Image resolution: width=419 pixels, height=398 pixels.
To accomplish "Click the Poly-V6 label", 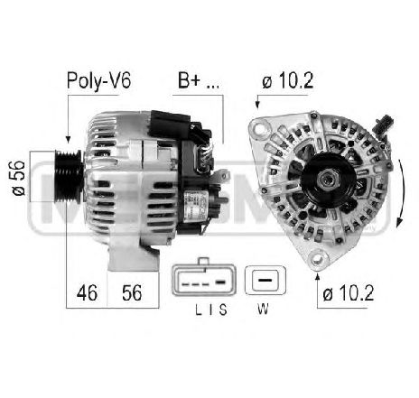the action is [x=98, y=80].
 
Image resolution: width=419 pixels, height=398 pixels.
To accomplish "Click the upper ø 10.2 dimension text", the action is [x=287, y=80].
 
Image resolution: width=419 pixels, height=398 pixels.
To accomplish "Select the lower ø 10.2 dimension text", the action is [x=348, y=293].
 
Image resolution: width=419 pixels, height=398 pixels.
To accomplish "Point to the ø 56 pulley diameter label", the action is [x=19, y=178].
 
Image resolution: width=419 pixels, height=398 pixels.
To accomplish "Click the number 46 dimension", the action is [x=87, y=293].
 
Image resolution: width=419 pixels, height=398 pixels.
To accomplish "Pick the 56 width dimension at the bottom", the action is [x=132, y=293].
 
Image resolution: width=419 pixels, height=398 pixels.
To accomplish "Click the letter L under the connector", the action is [x=198, y=310].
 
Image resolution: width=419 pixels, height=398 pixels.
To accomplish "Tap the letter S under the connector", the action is [x=223, y=310].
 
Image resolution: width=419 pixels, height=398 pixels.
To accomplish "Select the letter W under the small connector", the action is [x=263, y=309].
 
